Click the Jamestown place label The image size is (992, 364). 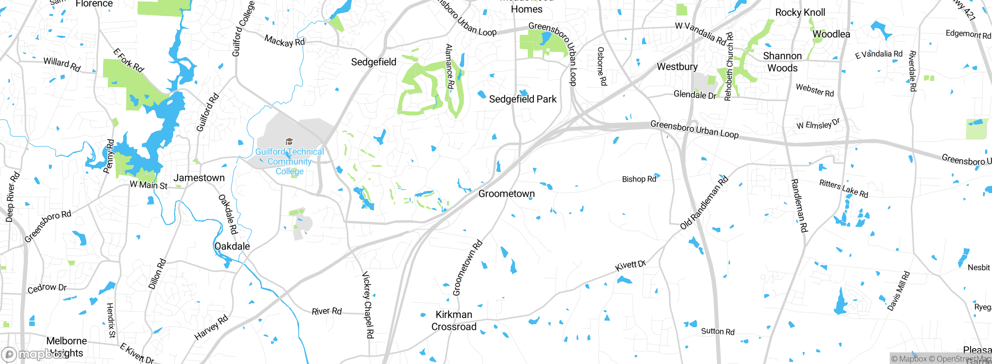pos(199,178)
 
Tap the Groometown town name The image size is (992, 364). pos(506,194)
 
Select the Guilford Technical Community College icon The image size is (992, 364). pos(289,141)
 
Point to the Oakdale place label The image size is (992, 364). pos(232,246)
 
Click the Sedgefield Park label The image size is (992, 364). pos(522,99)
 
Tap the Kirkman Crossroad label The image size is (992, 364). pos(454,321)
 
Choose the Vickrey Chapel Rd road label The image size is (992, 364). pos(368,305)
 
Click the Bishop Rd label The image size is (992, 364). pos(639,179)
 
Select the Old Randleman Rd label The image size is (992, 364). pos(704,203)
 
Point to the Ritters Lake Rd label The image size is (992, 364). pos(844,189)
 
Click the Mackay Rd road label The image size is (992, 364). pos(284,41)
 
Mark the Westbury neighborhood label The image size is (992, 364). pos(677,67)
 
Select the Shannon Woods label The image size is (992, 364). pos(782,62)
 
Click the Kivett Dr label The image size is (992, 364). pos(630,266)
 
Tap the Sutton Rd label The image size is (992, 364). pos(718,331)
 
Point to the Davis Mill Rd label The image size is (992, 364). pos(898,291)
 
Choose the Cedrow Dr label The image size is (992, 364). pos(47,288)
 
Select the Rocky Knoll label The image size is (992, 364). pos(800,12)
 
